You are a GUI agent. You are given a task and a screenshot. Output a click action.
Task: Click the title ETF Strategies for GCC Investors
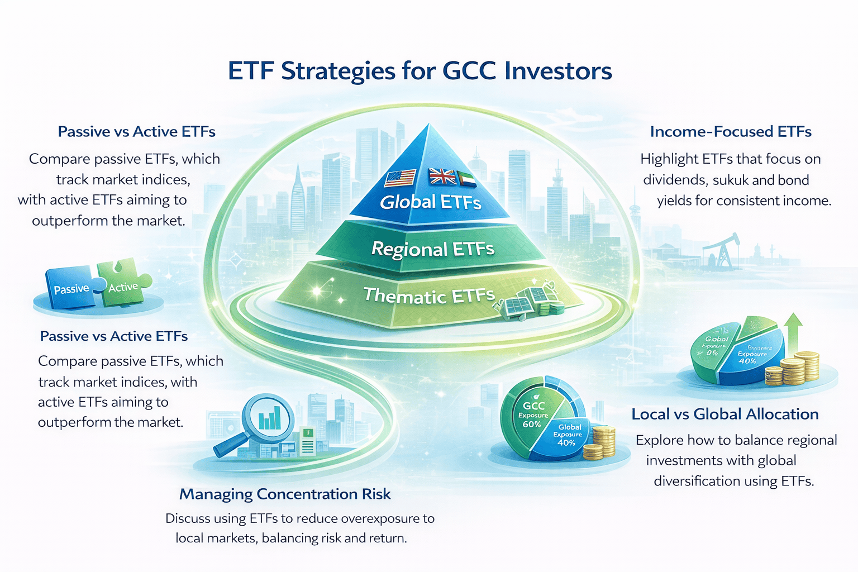pos(420,71)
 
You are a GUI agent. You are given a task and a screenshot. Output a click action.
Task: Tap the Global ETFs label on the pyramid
pos(430,202)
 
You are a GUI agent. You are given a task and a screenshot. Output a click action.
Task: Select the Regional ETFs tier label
pos(433,249)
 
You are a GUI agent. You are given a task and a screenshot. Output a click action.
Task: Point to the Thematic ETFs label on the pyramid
pos(429,295)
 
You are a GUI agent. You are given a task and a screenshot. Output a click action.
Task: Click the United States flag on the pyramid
pos(400,178)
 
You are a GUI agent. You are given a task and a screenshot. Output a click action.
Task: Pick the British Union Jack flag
pos(442,177)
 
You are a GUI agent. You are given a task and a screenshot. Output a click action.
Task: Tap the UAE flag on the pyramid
pos(466,179)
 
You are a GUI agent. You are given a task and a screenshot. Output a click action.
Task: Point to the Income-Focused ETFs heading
pos(731,132)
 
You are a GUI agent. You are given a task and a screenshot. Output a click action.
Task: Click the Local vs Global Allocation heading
pos(725,414)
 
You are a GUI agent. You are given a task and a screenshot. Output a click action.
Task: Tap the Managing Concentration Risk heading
pos(285,494)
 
